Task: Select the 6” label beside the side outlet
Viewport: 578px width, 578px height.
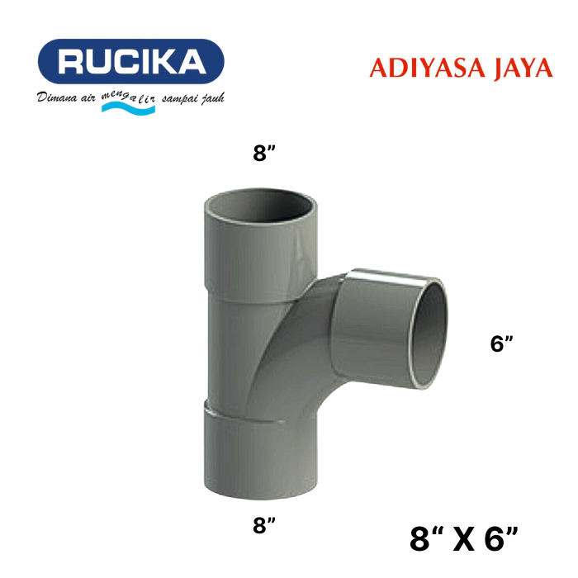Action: (502, 343)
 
